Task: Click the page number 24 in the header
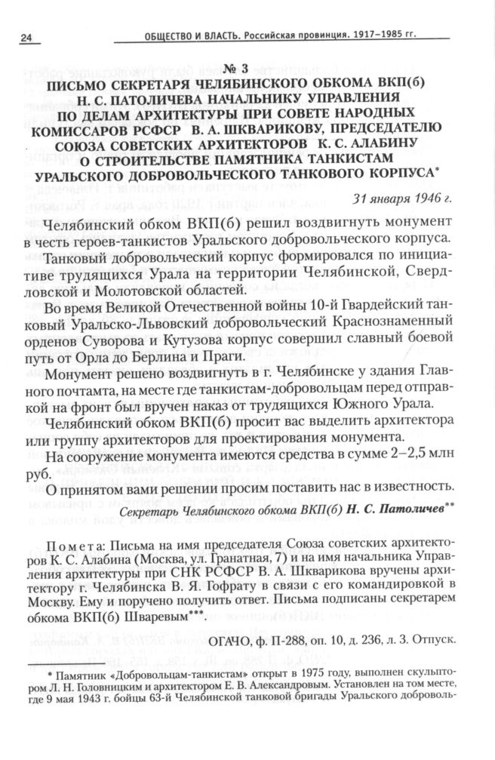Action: coord(27,38)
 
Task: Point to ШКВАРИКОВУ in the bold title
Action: coord(294,126)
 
